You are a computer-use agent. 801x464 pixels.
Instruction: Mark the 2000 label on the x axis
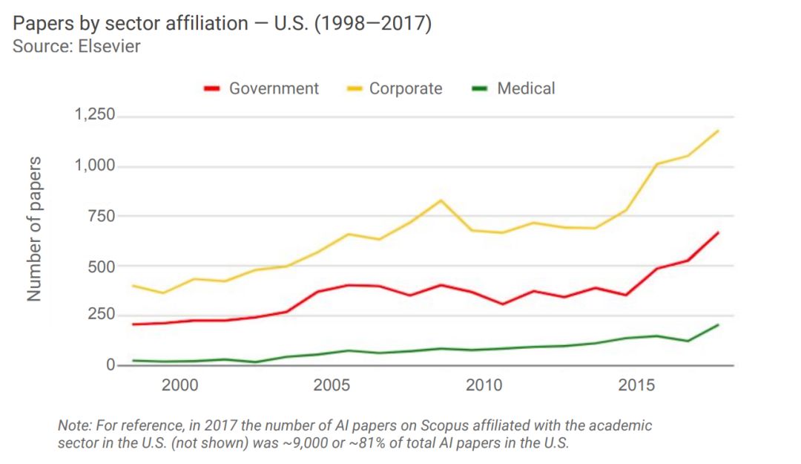[x=180, y=385]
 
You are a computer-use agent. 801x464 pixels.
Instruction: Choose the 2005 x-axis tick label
[x=332, y=385]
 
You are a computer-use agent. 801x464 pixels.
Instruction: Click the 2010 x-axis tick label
[x=484, y=385]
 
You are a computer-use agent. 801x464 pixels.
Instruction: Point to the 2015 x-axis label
[x=636, y=385]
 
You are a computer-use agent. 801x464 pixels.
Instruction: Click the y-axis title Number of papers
[x=34, y=230]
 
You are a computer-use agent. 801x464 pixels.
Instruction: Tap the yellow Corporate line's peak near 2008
[x=441, y=200]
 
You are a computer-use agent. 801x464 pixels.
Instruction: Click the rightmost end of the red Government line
[x=718, y=233]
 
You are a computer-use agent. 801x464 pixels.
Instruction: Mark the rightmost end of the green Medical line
[x=718, y=325]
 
